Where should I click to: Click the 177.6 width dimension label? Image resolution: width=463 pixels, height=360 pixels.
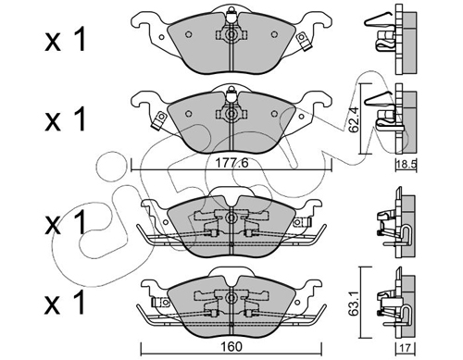(x=231, y=163)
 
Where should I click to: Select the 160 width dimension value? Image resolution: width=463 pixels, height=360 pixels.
(x=231, y=347)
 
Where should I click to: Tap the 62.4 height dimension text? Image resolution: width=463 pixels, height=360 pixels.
(x=353, y=119)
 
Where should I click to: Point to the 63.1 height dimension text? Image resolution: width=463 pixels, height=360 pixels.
(x=353, y=302)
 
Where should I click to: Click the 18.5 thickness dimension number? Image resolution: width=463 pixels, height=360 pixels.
(x=407, y=165)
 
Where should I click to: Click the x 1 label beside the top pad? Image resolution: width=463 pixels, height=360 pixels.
(x=66, y=40)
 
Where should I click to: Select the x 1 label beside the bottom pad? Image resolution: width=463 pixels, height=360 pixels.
(x=66, y=303)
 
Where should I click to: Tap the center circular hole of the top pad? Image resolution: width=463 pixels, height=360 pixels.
(x=231, y=35)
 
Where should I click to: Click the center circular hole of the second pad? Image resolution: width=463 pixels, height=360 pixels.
(x=231, y=115)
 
